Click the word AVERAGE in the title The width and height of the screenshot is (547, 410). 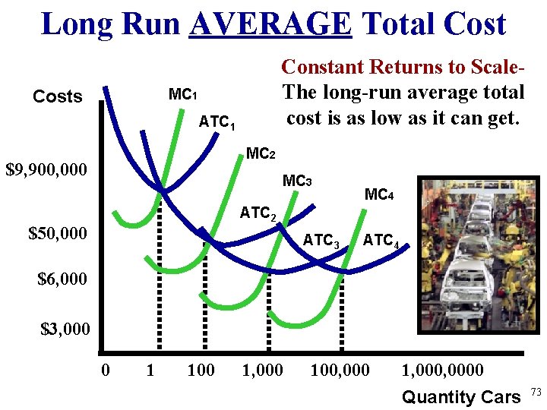[271, 24]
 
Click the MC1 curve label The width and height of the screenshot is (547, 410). [183, 95]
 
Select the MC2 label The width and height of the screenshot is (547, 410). [261, 154]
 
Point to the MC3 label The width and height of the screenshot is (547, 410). [297, 181]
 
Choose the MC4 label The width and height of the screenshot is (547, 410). [379, 194]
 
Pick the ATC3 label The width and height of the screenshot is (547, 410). [321, 241]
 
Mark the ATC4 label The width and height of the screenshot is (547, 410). [381, 241]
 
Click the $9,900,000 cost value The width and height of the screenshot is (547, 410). [46, 169]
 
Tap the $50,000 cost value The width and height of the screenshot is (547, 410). [57, 233]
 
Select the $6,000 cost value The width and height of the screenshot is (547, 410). [62, 279]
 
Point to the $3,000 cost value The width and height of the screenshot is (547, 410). [65, 330]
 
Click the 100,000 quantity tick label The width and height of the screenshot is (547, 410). [340, 371]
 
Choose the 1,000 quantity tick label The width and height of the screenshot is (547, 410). [262, 371]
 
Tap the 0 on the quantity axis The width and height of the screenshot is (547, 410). [106, 371]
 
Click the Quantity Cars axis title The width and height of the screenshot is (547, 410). [460, 396]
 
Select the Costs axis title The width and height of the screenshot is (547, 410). [57, 96]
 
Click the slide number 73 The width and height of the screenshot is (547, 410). [536, 392]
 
